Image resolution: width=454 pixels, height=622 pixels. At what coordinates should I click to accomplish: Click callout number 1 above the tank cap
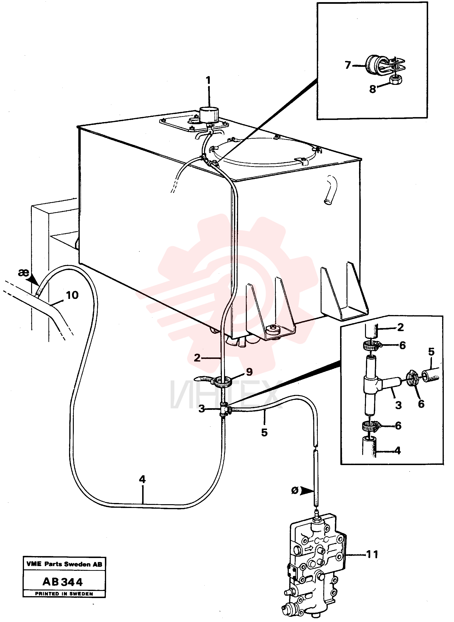208,80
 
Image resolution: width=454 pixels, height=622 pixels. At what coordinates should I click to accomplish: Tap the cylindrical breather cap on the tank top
209,115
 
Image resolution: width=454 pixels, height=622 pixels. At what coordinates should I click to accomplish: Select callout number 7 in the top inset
348,65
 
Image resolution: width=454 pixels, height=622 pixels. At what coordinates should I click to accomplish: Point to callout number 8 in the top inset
373,89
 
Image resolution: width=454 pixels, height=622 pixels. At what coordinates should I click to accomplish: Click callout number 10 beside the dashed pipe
72,295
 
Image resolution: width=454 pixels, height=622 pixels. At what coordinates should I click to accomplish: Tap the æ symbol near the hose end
23,273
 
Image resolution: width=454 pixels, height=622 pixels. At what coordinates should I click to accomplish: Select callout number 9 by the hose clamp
249,372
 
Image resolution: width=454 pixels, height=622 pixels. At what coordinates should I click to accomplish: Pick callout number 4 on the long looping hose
142,479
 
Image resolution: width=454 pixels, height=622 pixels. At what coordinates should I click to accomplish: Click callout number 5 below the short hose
264,433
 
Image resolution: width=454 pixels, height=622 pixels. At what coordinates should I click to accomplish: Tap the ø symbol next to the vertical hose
295,490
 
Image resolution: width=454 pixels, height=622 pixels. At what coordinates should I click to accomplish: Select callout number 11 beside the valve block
372,554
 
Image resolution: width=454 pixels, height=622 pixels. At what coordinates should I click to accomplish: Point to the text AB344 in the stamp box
63,582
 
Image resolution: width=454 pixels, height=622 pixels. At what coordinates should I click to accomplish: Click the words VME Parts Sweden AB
64,564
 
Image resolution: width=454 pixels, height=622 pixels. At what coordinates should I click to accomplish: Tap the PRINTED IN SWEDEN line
64,594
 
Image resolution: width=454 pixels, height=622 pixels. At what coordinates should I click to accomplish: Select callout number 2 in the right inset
400,327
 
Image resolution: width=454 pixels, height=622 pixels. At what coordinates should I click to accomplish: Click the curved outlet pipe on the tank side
330,189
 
